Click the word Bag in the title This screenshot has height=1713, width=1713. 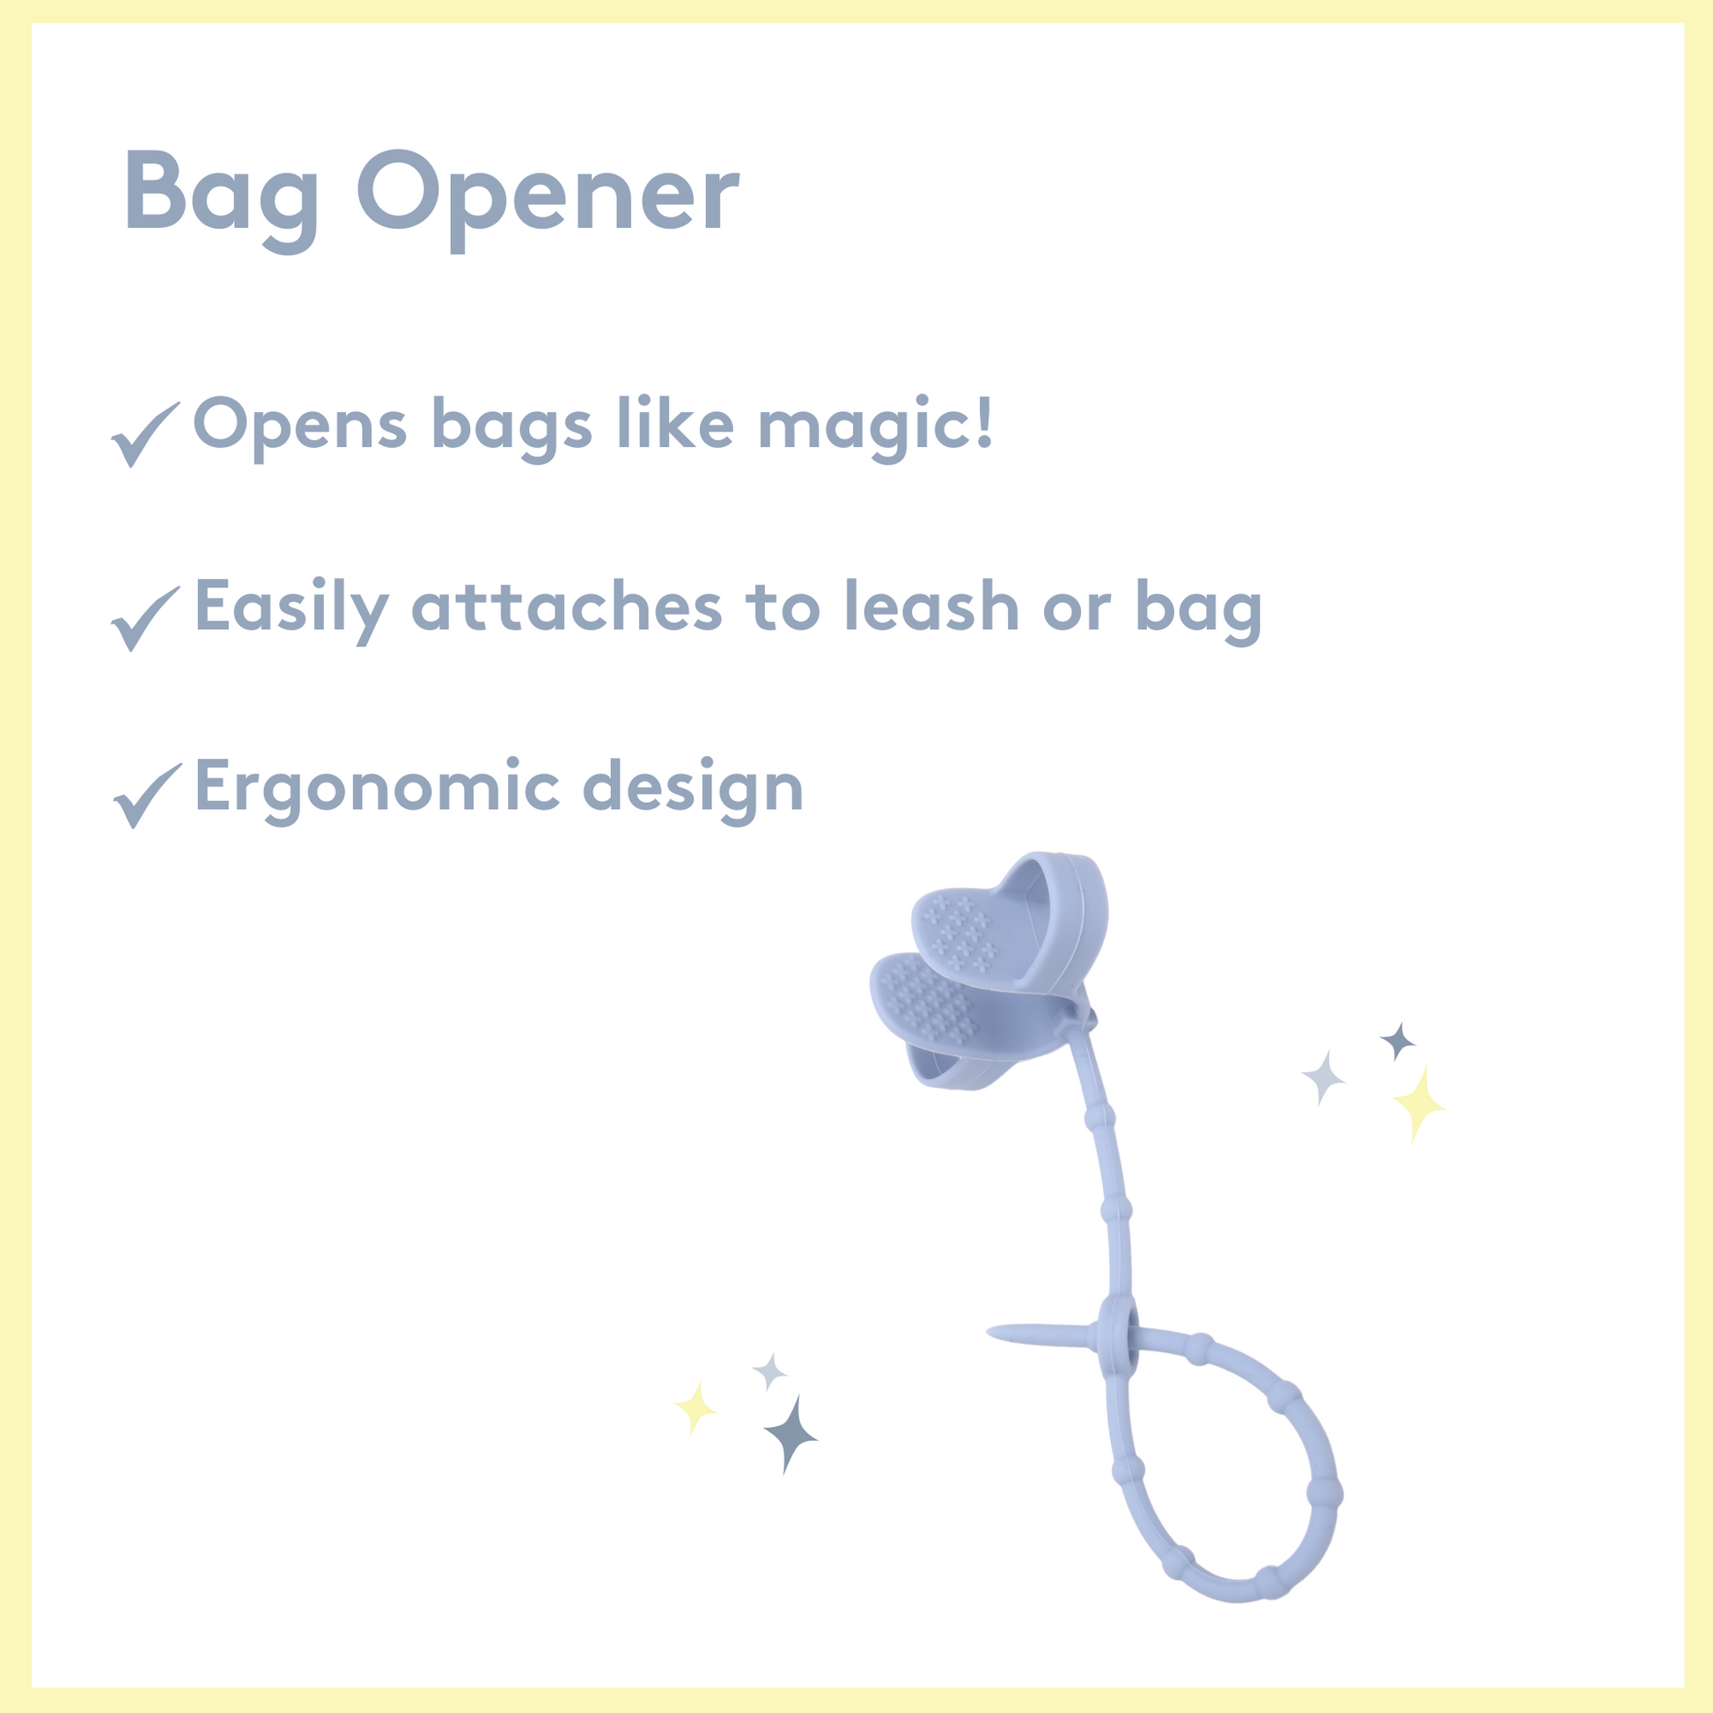(222, 201)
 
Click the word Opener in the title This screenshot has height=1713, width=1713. (548, 201)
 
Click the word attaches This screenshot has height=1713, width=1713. (568, 607)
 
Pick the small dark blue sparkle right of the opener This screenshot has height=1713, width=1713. (1398, 1041)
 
